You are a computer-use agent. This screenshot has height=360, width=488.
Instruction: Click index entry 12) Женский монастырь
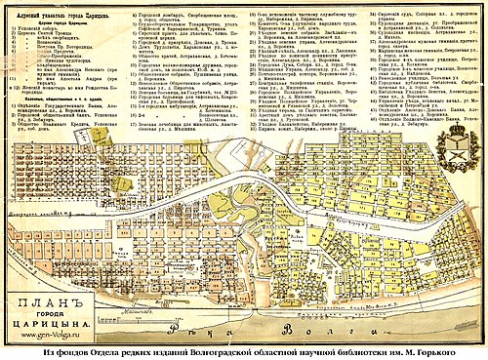pos(49,87)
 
